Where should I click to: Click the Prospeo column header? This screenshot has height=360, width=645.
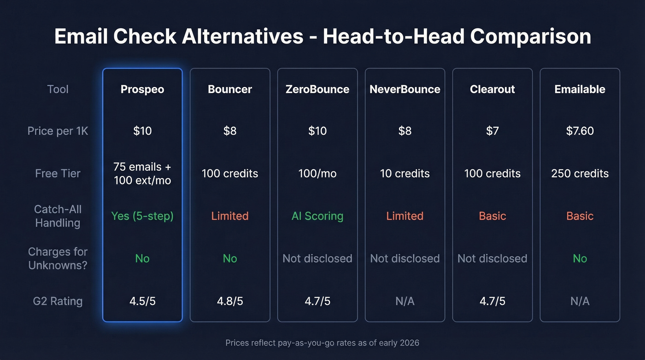point(142,89)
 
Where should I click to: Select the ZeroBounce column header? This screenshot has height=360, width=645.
point(317,89)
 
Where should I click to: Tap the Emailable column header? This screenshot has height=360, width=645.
point(580,89)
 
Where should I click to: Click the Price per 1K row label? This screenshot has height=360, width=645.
point(58,131)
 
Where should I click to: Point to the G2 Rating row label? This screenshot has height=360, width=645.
point(58,301)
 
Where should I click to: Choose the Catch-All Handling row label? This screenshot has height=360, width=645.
point(58,216)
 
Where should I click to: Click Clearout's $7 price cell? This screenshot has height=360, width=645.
point(493,131)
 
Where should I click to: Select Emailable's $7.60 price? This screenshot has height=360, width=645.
point(580,131)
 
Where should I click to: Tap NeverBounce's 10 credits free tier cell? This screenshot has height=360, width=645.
point(405,173)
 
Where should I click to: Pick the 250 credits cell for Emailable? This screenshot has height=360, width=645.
point(580,173)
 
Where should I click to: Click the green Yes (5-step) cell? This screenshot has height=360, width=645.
point(142,216)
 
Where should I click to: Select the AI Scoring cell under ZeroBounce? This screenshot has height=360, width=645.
point(317,216)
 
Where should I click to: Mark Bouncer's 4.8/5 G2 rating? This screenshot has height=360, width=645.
point(230,301)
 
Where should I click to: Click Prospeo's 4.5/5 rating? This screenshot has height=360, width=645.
point(142,301)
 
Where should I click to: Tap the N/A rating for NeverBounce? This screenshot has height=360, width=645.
point(405,301)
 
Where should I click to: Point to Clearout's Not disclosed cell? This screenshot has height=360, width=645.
point(493,258)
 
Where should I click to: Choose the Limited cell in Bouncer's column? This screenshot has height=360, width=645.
point(230,216)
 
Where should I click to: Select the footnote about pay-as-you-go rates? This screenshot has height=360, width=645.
point(322,342)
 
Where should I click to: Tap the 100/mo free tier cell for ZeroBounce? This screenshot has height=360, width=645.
point(317,173)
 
